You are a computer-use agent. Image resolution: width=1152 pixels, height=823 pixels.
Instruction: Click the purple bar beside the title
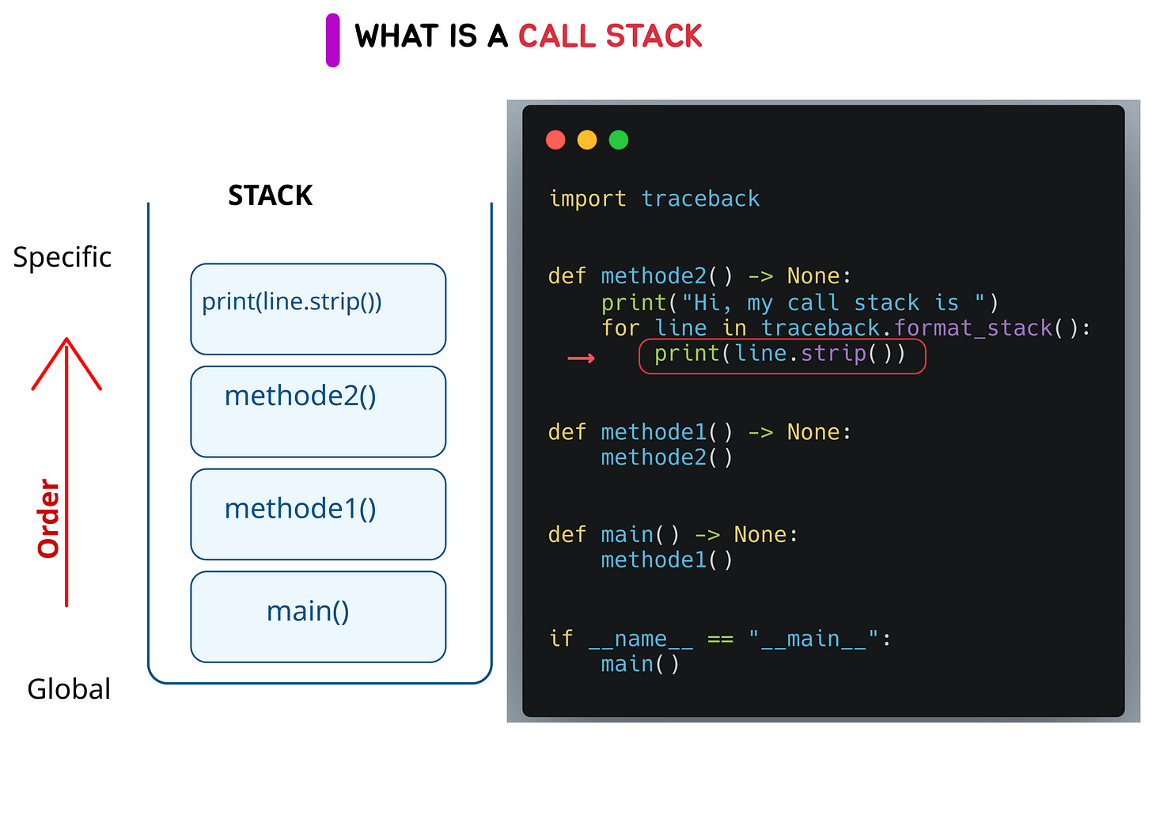click(x=332, y=40)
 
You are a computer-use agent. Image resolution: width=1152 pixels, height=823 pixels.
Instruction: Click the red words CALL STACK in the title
click(x=609, y=36)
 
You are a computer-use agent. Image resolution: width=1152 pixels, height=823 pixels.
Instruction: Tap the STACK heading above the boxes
click(x=270, y=195)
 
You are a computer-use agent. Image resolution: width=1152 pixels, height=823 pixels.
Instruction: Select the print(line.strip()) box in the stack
click(x=318, y=309)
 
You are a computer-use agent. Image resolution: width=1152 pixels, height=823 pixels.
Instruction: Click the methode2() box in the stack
click(x=318, y=411)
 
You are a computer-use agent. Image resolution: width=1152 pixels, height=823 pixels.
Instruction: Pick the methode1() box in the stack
click(x=318, y=514)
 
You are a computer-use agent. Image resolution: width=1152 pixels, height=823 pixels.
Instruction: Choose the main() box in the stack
click(x=318, y=616)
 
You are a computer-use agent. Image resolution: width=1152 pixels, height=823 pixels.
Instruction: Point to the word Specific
click(x=62, y=257)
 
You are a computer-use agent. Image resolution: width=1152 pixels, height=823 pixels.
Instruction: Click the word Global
click(x=69, y=689)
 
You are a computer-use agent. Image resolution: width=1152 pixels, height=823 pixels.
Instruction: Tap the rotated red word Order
click(x=49, y=518)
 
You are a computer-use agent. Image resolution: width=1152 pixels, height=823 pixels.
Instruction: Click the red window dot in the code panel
click(x=555, y=140)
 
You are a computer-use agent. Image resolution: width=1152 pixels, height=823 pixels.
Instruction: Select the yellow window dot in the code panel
click(x=587, y=140)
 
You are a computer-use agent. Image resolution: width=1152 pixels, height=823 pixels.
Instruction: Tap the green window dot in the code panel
click(x=619, y=140)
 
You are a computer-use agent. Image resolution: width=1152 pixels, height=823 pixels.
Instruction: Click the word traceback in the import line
click(x=700, y=199)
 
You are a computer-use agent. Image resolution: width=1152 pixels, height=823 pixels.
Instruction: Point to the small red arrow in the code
click(x=581, y=358)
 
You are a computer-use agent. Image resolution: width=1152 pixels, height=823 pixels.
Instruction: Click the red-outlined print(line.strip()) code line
click(x=782, y=355)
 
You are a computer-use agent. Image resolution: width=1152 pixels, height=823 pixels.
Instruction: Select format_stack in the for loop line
click(x=973, y=328)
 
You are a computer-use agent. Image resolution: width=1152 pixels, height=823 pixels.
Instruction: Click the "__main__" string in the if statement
click(x=813, y=639)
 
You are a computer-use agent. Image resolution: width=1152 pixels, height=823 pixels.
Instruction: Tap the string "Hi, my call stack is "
click(x=833, y=303)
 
